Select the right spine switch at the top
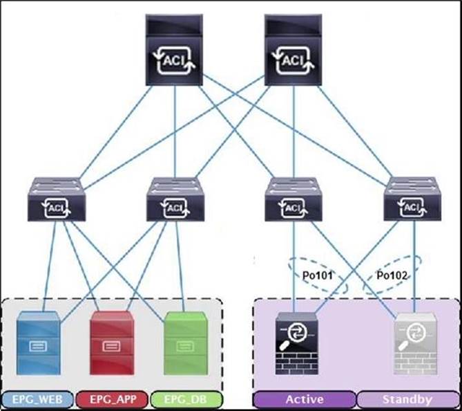[296, 51]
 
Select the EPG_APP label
[110, 399]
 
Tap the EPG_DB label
[184, 399]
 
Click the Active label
[305, 399]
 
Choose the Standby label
[407, 399]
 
